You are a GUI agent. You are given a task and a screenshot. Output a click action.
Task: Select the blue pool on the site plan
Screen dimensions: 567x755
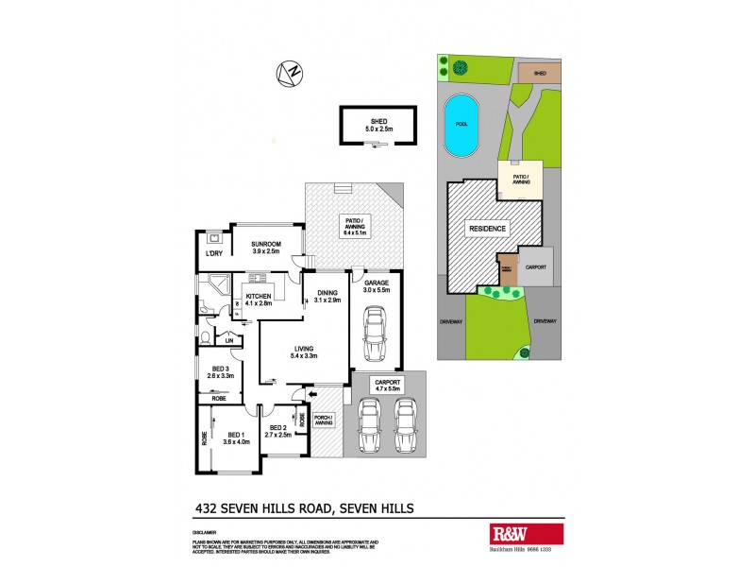pos(461,127)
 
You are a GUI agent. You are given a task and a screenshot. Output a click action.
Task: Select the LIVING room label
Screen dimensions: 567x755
pos(304,352)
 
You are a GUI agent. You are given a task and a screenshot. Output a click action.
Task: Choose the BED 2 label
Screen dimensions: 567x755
pos(277,432)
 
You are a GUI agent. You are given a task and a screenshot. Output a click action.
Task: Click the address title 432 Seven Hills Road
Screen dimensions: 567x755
pos(303,508)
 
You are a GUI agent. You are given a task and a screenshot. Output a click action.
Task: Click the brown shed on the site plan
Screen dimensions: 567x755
pos(540,72)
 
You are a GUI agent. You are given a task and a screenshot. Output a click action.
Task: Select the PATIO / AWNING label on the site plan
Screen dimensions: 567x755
pos(520,179)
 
